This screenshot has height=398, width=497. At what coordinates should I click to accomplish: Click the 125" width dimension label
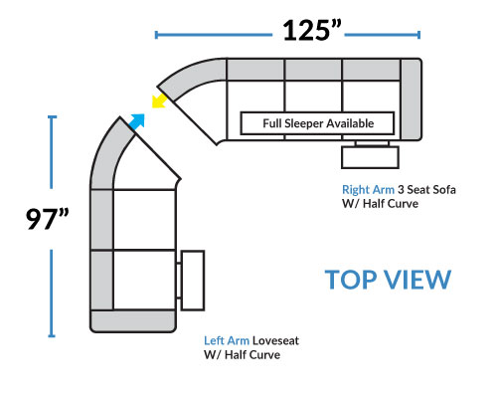[312, 31]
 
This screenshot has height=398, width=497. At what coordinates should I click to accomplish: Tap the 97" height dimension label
[48, 219]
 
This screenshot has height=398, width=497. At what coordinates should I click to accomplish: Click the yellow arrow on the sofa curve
[159, 100]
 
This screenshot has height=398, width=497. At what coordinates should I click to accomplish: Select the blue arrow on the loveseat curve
[137, 121]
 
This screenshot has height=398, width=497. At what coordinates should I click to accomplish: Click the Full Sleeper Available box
[317, 123]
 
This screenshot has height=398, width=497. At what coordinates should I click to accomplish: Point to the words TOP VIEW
[388, 280]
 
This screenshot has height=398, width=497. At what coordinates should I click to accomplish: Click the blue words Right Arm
[368, 190]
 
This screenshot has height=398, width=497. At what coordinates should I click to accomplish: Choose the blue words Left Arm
[227, 340]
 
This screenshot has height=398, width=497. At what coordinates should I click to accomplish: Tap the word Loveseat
[275, 340]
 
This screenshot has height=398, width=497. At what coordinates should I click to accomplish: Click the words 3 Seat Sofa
[426, 190]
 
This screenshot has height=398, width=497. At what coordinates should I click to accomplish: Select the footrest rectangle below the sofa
[370, 157]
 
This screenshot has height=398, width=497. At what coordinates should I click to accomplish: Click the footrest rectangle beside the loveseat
[193, 281]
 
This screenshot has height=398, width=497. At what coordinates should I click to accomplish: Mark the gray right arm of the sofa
[411, 99]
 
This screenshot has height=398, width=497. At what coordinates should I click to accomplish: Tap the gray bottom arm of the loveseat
[132, 321]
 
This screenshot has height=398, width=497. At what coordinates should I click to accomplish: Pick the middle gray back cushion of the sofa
[313, 70]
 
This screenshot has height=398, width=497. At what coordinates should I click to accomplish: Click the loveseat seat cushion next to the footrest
[144, 280]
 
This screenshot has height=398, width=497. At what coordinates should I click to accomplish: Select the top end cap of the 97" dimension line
[52, 116]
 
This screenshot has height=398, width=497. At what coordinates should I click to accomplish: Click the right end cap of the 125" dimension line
[419, 35]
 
